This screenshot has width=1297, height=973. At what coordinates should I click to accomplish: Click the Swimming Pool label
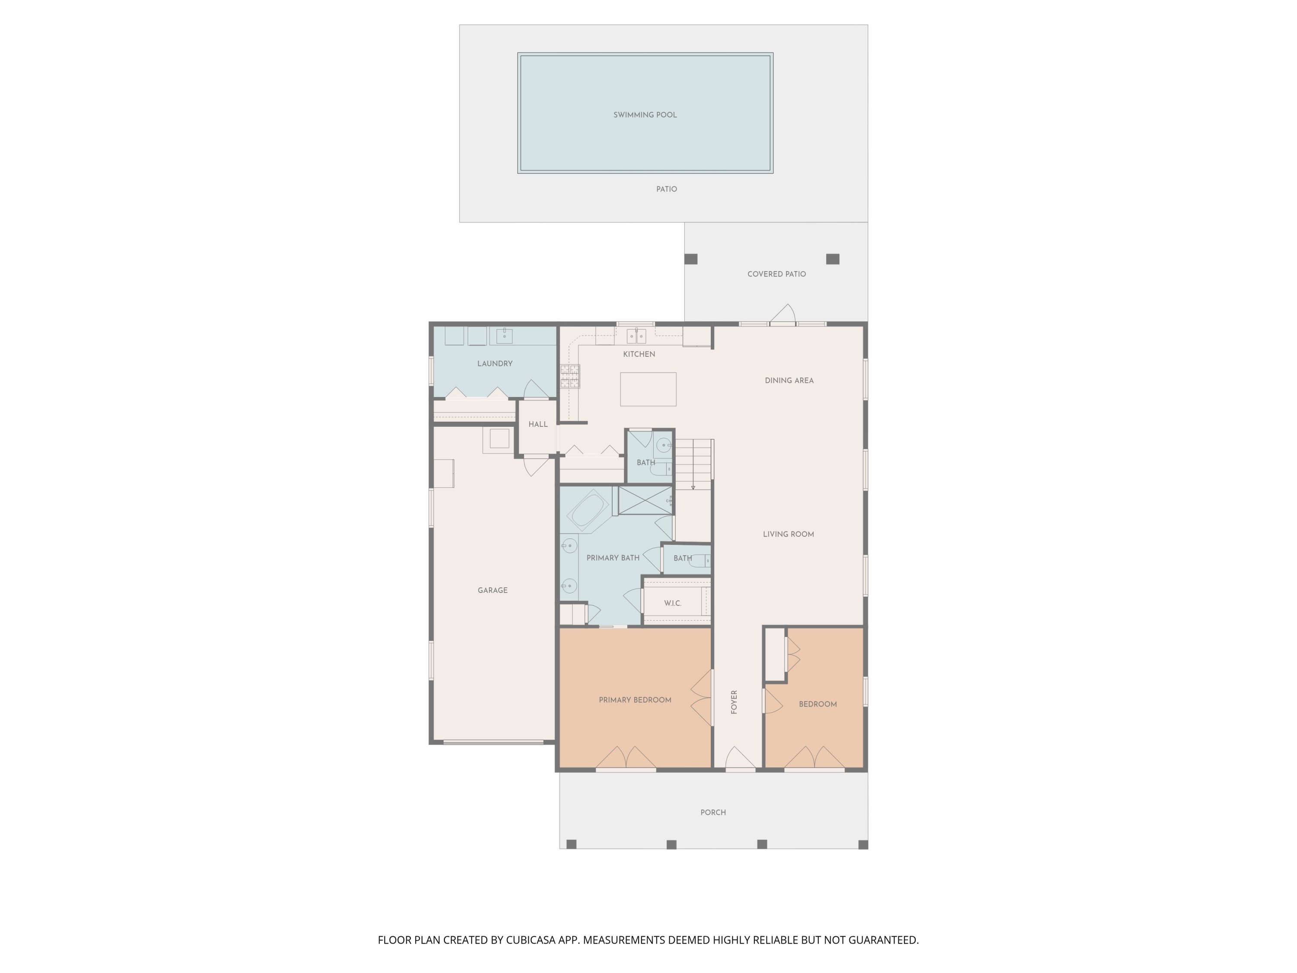tap(645, 115)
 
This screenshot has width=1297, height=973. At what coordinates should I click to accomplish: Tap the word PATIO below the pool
tap(666, 189)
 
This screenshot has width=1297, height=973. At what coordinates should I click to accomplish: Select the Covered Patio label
tap(776, 274)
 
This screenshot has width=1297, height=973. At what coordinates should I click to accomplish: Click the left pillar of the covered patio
tap(691, 259)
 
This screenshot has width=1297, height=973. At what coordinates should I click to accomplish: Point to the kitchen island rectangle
tap(648, 389)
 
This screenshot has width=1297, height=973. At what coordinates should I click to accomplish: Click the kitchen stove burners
tap(570, 376)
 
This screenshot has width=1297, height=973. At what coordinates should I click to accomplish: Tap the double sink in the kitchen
tap(636, 336)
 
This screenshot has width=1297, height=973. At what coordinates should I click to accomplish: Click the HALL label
tap(538, 424)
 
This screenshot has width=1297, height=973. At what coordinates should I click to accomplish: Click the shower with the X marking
tap(645, 500)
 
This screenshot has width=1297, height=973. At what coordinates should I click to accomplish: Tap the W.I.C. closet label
tap(673, 603)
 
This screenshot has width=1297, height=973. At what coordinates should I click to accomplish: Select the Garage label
tap(492, 590)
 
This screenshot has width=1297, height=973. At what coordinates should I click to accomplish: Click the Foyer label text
tap(734, 701)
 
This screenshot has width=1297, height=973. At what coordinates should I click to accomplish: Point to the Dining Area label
tap(789, 380)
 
